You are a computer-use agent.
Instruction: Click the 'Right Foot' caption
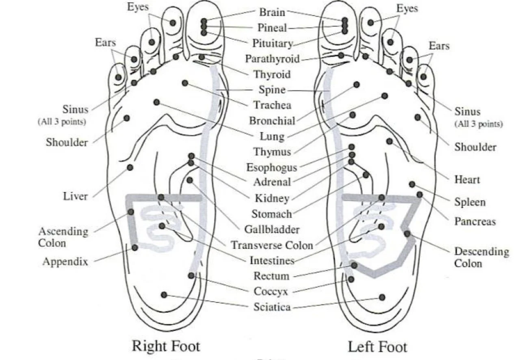pyautogui.click(x=166, y=346)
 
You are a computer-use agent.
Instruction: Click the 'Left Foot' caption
pyautogui.click(x=377, y=347)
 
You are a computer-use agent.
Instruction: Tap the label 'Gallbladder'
pyautogui.click(x=272, y=229)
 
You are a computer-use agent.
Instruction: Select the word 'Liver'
pyautogui.click(x=75, y=197)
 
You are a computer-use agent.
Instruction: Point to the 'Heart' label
pyautogui.click(x=467, y=180)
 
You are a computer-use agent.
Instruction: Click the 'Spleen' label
pyautogui.click(x=470, y=202)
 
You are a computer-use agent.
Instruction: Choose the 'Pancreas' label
pyautogui.click(x=475, y=221)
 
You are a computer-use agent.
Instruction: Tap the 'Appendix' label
pyautogui.click(x=65, y=262)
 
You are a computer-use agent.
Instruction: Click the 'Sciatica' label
pyautogui.click(x=272, y=307)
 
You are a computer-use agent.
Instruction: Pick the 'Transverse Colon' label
pyautogui.click(x=272, y=245)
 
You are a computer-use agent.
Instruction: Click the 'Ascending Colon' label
pyautogui.click(x=63, y=237)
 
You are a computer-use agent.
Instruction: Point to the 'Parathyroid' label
pyautogui.click(x=272, y=59)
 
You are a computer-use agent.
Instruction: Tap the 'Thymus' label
pyautogui.click(x=272, y=152)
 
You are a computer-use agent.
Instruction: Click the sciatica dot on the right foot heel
pyautogui.click(x=164, y=295)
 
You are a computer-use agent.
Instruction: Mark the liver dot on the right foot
pyautogui.click(x=130, y=167)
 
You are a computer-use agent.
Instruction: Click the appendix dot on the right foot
pyautogui.click(x=135, y=247)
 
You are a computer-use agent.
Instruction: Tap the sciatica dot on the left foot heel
pyautogui.click(x=382, y=297)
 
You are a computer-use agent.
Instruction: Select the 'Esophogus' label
pyautogui.click(x=272, y=167)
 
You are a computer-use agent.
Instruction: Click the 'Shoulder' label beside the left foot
pyautogui.click(x=475, y=147)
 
